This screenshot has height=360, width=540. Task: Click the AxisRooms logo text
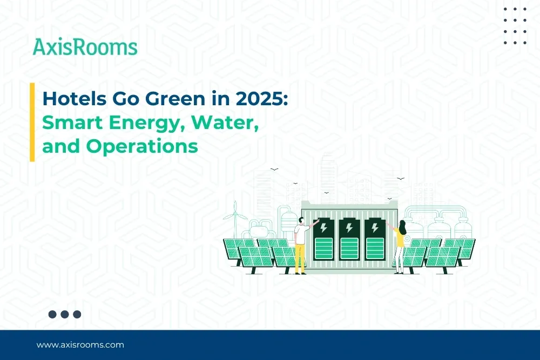point(85,47)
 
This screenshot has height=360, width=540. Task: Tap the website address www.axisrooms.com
point(80,344)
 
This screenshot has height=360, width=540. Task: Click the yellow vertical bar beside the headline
point(32,122)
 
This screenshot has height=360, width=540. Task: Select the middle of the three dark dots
point(65,314)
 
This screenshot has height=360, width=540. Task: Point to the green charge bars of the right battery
point(374,249)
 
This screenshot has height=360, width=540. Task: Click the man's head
point(299,220)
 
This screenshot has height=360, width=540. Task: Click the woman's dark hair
point(402,225)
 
